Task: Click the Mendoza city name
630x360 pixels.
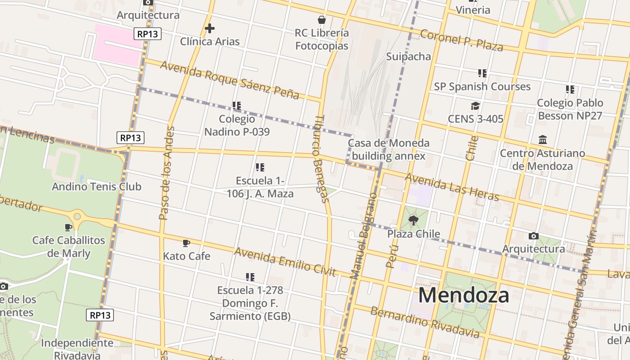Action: tap(463, 296)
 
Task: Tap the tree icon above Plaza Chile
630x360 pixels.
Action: tap(413, 220)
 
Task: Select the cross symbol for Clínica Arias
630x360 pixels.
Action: tap(209, 28)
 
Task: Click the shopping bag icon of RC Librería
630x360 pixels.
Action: tap(322, 20)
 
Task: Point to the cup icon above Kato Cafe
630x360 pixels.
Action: tap(186, 243)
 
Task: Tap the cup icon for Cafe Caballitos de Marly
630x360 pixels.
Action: tap(68, 227)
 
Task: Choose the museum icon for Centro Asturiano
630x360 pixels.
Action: tap(543, 140)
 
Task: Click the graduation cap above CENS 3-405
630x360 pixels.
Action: tap(475, 106)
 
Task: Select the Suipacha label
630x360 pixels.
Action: tap(409, 57)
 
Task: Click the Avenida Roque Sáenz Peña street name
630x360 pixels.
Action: tap(229, 80)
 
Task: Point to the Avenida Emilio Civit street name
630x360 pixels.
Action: tap(285, 261)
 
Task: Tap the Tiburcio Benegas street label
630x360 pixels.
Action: tap(320, 158)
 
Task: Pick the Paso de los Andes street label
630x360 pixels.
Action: tap(166, 173)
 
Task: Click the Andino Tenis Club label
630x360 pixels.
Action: tap(96, 187)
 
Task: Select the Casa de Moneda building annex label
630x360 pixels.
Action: tap(388, 150)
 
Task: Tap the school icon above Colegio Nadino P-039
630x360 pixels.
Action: tap(237, 106)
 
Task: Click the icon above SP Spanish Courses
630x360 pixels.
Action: tap(482, 73)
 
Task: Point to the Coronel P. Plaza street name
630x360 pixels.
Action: tap(461, 40)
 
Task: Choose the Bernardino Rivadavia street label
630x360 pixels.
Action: tap(424, 322)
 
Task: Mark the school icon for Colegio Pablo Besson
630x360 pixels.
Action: tap(570, 90)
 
